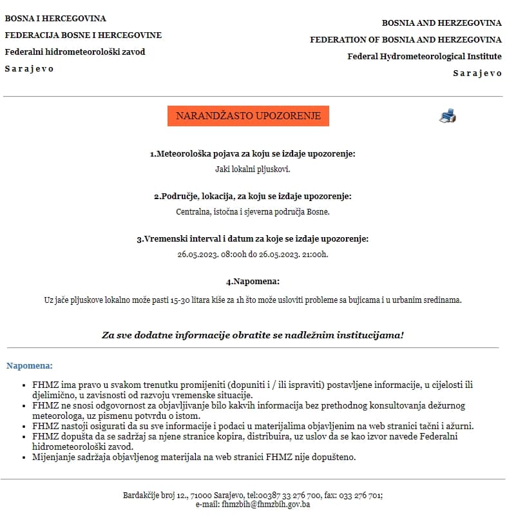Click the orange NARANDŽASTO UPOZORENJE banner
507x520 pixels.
(248, 116)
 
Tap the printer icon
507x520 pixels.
(448, 116)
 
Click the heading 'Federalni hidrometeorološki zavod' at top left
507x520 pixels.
(75, 52)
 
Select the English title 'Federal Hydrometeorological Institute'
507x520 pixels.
(425, 56)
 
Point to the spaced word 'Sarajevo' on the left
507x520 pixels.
(30, 68)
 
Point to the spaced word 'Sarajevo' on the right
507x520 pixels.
(477, 73)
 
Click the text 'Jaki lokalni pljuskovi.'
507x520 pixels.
(253, 169)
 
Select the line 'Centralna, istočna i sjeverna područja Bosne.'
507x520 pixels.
(253, 211)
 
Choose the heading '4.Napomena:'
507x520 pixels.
(253, 282)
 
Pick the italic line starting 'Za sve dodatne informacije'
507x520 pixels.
(253, 335)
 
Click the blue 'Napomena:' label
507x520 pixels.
(30, 366)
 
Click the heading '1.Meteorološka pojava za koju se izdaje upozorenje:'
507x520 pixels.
(253, 154)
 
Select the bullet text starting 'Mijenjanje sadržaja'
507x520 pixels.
(193, 457)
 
